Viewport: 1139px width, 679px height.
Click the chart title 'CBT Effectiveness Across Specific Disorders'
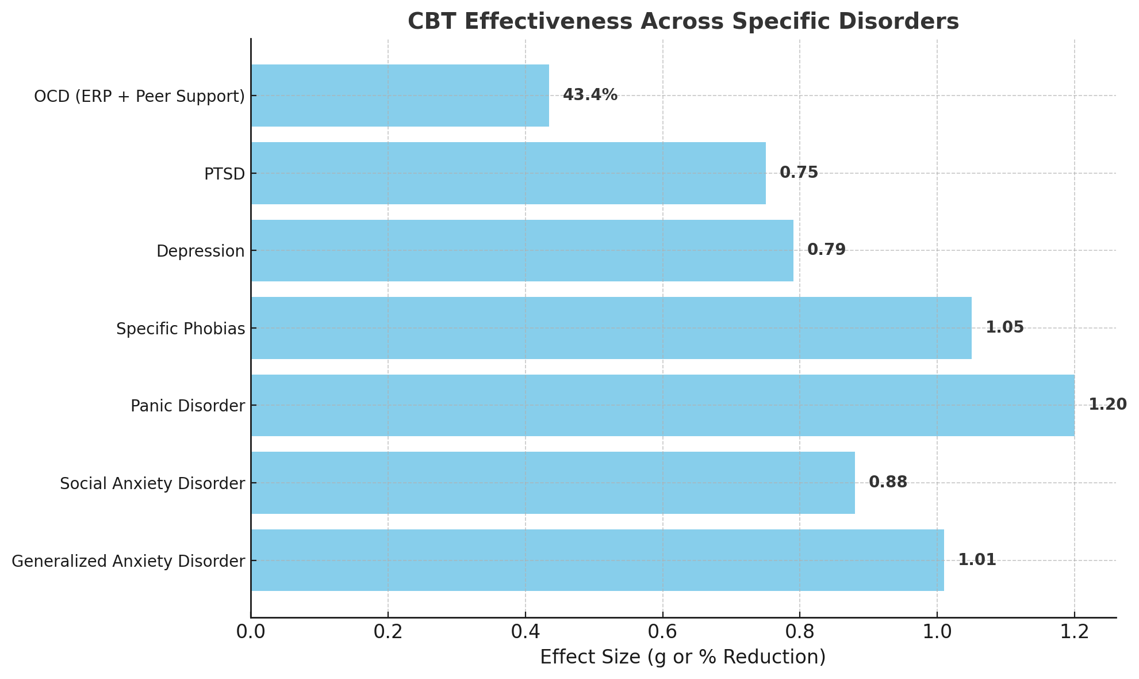click(683, 22)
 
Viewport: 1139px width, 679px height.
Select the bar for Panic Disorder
click(662, 406)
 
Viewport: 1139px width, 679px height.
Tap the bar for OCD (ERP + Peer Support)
click(400, 96)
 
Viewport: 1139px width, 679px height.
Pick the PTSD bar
click(508, 173)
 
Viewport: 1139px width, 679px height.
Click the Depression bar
click(522, 251)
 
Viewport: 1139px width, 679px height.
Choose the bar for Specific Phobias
click(611, 328)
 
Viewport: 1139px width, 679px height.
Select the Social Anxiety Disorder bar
click(553, 483)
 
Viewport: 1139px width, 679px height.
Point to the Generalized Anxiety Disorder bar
click(597, 560)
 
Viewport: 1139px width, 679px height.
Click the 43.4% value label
click(590, 96)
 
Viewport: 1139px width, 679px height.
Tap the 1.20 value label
click(1107, 405)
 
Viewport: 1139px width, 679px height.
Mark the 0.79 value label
click(826, 250)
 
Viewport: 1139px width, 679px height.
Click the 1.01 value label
click(977, 560)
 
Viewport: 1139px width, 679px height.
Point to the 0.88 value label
click(888, 483)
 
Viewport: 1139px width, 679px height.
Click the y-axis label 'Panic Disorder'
click(187, 406)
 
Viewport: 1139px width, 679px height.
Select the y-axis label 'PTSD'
click(224, 174)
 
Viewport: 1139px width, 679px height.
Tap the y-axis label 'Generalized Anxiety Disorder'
click(128, 561)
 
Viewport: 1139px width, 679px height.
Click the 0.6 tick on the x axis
click(662, 632)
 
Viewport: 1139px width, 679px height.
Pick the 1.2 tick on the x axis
click(1074, 632)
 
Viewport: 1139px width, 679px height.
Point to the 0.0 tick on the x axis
click(251, 632)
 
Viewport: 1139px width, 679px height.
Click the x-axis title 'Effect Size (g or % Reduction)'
click(682, 657)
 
